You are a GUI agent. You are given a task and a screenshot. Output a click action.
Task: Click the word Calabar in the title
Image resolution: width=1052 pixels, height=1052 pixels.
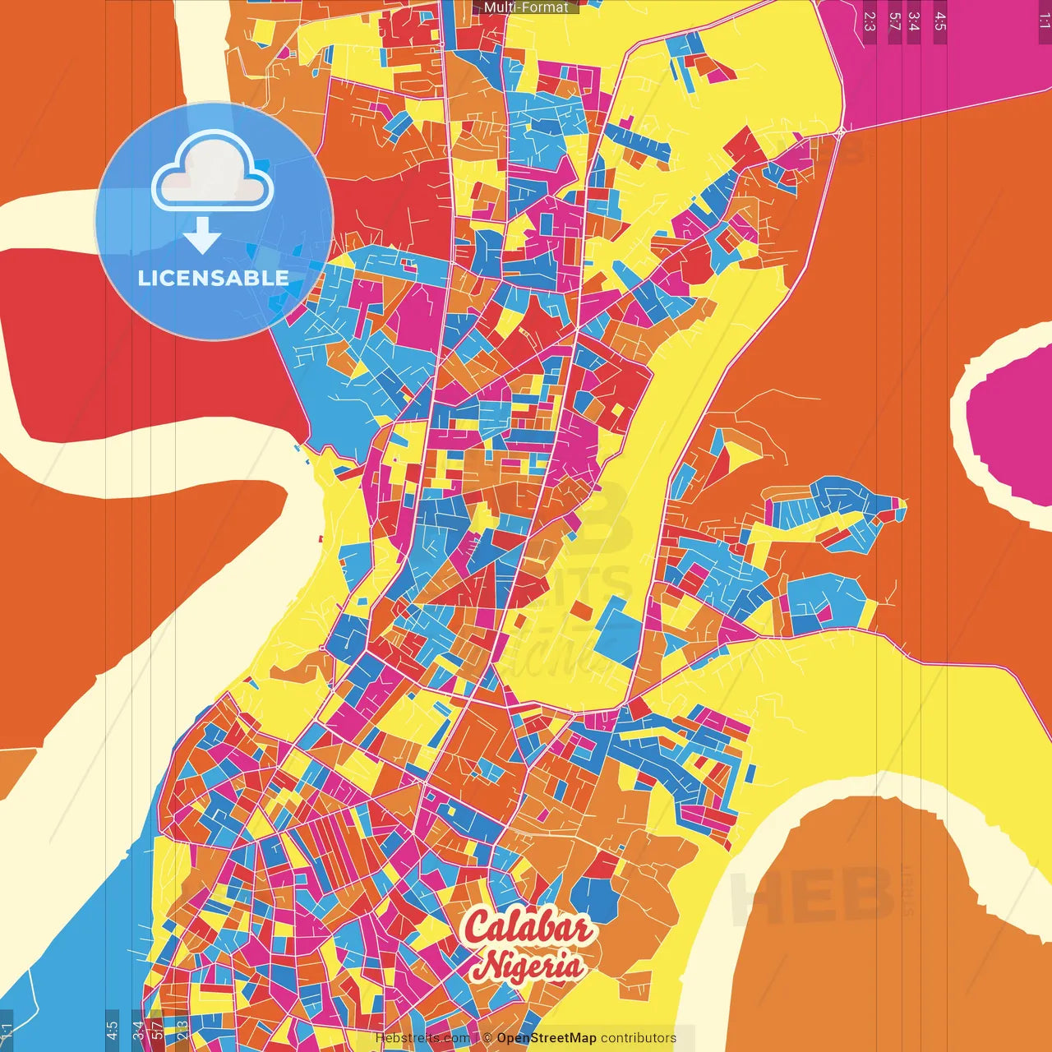[x=528, y=927]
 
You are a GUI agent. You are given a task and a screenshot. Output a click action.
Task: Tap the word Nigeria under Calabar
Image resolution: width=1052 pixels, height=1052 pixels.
[x=531, y=965]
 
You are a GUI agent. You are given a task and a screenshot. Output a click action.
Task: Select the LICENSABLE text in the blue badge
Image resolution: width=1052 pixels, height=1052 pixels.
[x=214, y=278]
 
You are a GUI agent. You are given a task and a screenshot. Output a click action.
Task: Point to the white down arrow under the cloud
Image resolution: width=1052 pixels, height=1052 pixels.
[x=202, y=235]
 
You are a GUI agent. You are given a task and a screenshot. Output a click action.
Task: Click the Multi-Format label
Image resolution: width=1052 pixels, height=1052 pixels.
[x=526, y=7]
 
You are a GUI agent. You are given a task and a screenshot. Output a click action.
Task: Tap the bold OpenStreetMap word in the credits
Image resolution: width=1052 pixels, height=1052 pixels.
[x=547, y=1038]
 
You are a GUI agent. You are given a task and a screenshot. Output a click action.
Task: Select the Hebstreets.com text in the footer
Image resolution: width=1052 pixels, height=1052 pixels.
[x=422, y=1038]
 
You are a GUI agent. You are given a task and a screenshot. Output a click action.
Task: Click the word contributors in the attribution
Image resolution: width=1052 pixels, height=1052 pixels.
[x=639, y=1038]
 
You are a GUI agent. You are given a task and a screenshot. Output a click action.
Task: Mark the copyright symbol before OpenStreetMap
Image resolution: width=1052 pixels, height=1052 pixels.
[x=487, y=1038]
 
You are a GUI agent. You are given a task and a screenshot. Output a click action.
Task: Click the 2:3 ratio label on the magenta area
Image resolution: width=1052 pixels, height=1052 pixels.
[x=870, y=21]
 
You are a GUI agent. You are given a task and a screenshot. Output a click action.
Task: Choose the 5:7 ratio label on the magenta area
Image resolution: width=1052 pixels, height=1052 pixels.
[x=894, y=21]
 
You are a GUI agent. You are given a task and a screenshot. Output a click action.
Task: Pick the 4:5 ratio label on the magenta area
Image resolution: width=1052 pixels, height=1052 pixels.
[x=940, y=21]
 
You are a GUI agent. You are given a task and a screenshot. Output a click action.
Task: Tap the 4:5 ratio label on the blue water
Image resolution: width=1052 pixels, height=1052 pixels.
[x=112, y=1028]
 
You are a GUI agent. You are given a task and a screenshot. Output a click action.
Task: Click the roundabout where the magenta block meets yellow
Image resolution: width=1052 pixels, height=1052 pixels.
[x=841, y=131]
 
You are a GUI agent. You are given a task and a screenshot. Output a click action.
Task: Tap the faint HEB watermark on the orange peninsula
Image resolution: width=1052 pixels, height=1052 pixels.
[x=810, y=896]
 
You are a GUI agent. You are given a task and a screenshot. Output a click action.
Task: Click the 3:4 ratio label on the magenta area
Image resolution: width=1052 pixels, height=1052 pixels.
[x=914, y=21]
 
